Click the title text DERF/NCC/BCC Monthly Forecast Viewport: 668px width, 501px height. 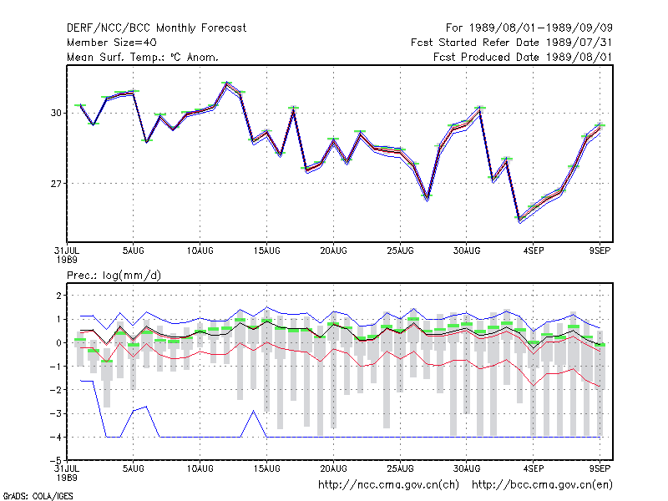tap(156, 28)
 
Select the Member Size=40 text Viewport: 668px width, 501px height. tap(112, 43)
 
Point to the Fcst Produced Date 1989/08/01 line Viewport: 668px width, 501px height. tap(523, 57)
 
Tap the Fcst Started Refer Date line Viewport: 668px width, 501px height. tap(511, 43)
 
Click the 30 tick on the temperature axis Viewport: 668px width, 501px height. tap(56, 113)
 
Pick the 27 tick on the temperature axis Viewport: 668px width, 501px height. tap(56, 184)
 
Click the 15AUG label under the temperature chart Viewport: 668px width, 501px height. tap(266, 251)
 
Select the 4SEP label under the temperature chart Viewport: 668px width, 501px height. tap(534, 251)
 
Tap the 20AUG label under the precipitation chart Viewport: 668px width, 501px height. tap(333, 468)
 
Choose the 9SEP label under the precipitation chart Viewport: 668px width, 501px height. tap(600, 468)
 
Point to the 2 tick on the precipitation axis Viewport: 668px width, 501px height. tap(58, 296)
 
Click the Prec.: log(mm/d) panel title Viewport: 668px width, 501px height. tap(114, 276)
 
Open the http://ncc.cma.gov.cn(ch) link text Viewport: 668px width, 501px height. tap(388, 485)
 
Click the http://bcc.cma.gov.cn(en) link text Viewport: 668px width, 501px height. tap(542, 485)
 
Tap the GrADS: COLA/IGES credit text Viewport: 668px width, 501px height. tap(38, 496)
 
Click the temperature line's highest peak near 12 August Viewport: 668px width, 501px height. tap(227, 83)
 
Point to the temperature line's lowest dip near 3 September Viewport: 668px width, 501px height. tap(519, 220)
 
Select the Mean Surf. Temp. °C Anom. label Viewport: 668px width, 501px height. tap(143, 57)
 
